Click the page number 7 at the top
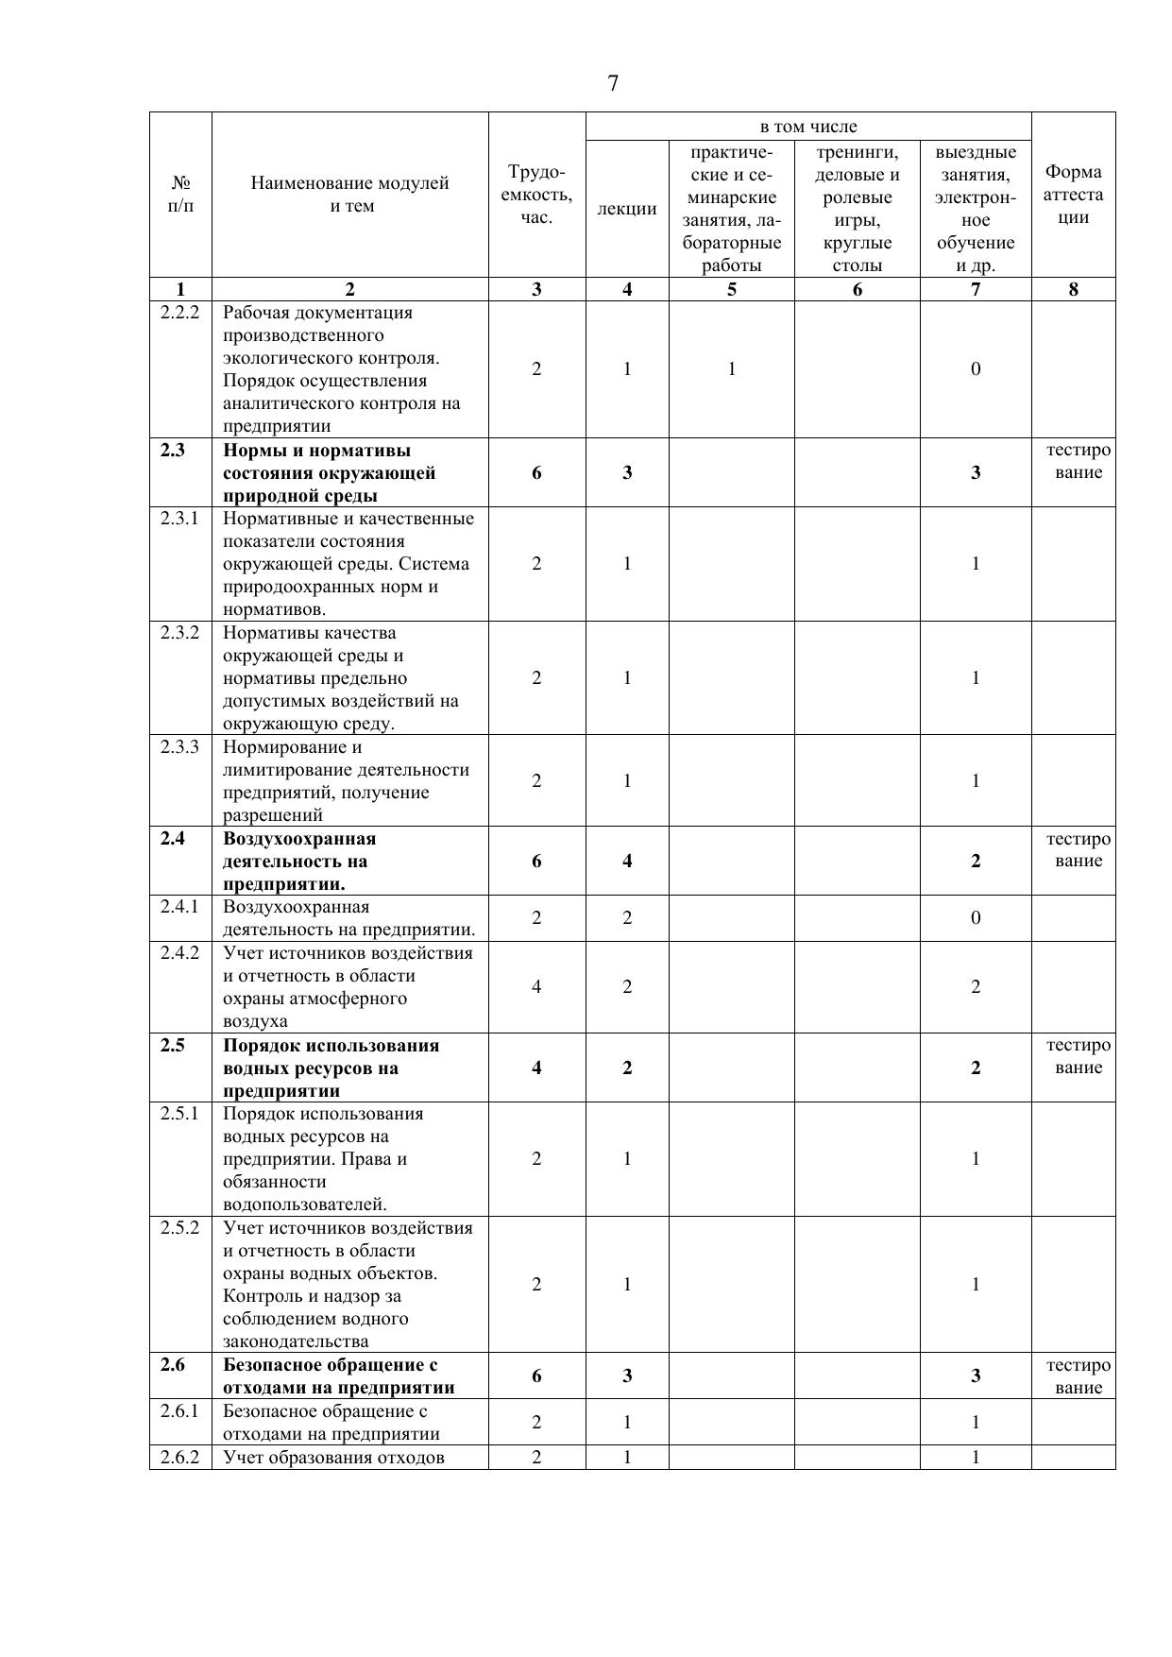tap(613, 84)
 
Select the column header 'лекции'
tap(627, 209)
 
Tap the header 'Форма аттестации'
tap(1073, 195)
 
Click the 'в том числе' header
tap(808, 127)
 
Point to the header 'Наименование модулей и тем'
tap(350, 195)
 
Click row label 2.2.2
tap(180, 313)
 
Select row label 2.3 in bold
tap(173, 450)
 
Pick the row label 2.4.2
tap(180, 952)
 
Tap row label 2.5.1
tap(180, 1113)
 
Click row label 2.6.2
tap(180, 1457)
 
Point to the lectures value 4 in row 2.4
tap(627, 861)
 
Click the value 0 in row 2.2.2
tap(976, 368)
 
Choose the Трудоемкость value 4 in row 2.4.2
tap(536, 987)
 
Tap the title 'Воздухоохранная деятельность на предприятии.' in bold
tap(299, 861)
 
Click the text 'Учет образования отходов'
tap(333, 1457)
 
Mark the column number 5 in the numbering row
tap(732, 290)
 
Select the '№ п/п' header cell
tap(180, 195)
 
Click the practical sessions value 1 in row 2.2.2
tap(732, 368)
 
